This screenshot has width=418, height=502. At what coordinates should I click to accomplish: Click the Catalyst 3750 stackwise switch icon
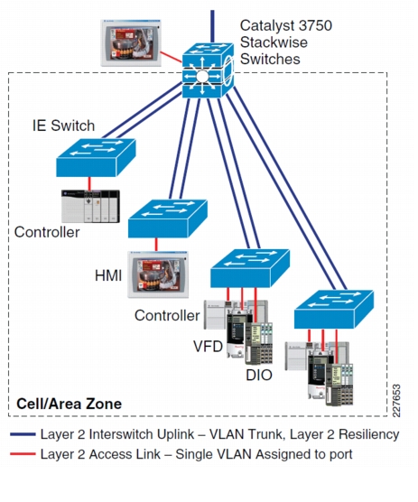(x=208, y=70)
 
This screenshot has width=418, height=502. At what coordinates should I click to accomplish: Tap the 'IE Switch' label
(x=64, y=125)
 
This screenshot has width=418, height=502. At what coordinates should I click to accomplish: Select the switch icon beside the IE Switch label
(x=96, y=157)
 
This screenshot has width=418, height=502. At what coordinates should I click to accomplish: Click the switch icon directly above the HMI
(x=168, y=218)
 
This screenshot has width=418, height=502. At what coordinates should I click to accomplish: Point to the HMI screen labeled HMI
(x=158, y=274)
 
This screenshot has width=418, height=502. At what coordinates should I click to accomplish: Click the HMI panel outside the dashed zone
(x=131, y=43)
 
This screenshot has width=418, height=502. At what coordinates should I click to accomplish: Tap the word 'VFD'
(x=208, y=347)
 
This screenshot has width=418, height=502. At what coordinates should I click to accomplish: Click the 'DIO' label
(x=259, y=375)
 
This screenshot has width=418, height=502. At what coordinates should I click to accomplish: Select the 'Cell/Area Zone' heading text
(x=70, y=404)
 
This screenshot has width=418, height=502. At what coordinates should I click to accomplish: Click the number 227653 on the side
(x=396, y=401)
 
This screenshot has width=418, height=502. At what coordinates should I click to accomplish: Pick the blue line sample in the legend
(x=23, y=434)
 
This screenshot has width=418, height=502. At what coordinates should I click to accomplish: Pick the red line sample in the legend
(x=23, y=454)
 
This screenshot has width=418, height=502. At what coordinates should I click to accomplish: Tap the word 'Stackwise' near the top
(x=274, y=42)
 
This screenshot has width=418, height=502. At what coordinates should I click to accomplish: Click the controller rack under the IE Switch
(x=90, y=206)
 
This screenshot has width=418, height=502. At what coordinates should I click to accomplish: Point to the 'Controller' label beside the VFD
(x=167, y=316)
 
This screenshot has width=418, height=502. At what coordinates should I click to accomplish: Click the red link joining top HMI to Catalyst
(x=172, y=57)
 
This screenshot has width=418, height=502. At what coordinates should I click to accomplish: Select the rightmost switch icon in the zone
(x=334, y=310)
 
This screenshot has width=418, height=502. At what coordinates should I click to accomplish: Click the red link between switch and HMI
(x=156, y=245)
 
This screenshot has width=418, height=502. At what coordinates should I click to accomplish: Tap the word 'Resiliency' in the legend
(x=368, y=434)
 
